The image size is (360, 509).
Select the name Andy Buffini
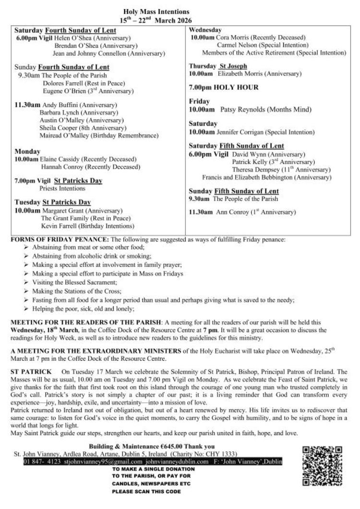(58, 104)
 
